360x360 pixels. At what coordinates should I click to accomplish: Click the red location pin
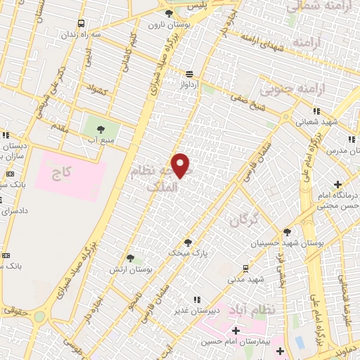coord(181,165)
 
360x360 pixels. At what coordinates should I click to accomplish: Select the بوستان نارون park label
coord(166,24)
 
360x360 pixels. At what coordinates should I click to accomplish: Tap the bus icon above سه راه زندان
coord(83,22)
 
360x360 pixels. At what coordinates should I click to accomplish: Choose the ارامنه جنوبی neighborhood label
coord(285,89)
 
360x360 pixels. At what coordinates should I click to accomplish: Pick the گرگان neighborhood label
coord(244,221)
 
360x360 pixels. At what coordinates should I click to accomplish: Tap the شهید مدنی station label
coord(245,279)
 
